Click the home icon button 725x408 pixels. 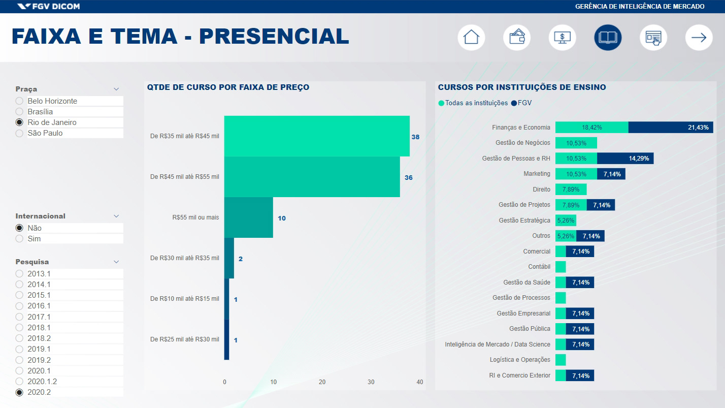coord(471,38)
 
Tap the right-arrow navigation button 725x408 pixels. coord(699,38)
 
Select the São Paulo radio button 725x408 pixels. coord(20,133)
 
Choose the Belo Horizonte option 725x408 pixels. coord(20,101)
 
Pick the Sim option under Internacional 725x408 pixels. coord(20,239)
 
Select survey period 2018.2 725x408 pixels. coord(20,338)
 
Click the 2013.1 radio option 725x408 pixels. coord(20,274)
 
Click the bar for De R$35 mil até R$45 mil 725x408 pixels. coord(317,136)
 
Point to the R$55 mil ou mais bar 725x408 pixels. coord(248,217)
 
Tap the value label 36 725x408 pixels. coord(408,178)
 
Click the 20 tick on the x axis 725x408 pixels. coord(322,382)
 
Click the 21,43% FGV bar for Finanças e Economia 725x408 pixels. coord(670,128)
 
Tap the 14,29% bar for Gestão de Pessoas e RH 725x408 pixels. coord(625,159)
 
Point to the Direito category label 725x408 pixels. coord(541,190)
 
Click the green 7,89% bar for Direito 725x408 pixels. coord(571,190)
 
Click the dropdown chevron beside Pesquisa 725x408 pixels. coord(116,262)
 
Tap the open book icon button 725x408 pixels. coord(608,38)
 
